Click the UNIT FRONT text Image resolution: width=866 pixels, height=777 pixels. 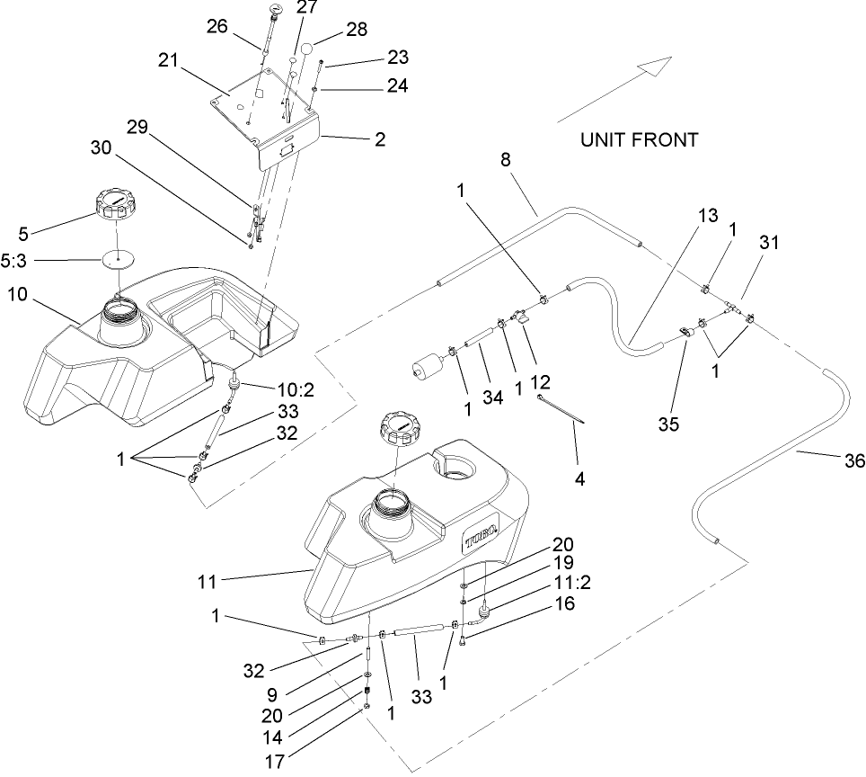[638, 140]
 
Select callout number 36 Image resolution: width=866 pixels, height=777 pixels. [853, 460]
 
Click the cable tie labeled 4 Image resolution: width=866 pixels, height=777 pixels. [563, 411]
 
